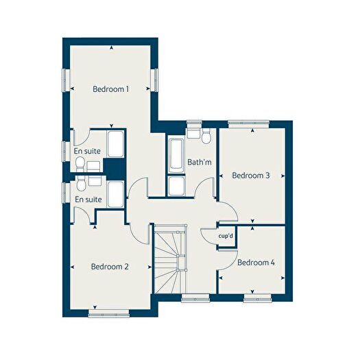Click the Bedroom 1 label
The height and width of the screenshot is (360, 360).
(x=111, y=89)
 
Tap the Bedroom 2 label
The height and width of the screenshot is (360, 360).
(x=110, y=266)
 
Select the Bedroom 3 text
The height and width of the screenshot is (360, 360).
(x=251, y=176)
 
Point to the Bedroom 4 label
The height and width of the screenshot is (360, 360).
(x=256, y=262)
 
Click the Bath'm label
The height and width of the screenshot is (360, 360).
(x=199, y=163)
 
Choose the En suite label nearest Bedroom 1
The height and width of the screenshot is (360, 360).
(x=87, y=150)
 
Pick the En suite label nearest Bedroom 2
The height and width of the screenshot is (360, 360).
(x=88, y=200)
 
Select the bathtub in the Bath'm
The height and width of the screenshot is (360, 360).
(x=175, y=157)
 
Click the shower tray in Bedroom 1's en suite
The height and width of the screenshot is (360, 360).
(x=115, y=144)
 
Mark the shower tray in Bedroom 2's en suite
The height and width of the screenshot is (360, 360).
(x=115, y=195)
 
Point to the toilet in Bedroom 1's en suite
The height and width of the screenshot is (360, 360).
(x=80, y=163)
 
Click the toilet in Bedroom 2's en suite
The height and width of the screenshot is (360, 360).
(x=82, y=182)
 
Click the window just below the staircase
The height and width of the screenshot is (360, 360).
(x=195, y=298)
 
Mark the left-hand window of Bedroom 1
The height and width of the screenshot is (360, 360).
(x=66, y=81)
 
